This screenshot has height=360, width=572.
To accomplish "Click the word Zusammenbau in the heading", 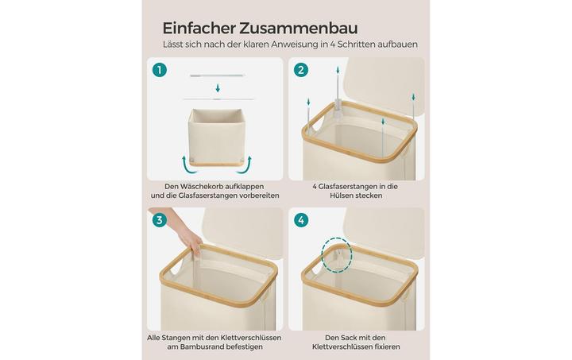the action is [x=299, y=28].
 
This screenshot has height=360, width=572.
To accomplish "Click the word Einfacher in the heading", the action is [x=199, y=28].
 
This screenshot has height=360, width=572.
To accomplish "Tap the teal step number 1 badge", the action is [x=160, y=69].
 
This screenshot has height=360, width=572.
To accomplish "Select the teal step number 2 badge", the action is [x=301, y=70].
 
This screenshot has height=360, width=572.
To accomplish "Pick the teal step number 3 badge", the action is [x=160, y=220].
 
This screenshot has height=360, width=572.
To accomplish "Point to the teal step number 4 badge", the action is [x=301, y=220].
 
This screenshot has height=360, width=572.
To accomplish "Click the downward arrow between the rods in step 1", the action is [x=218, y=88].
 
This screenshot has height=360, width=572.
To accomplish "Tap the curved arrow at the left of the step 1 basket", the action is [x=187, y=165].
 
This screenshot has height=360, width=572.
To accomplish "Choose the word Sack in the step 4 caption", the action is [x=349, y=338].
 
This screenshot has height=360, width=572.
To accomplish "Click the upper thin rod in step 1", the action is [x=217, y=75].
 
